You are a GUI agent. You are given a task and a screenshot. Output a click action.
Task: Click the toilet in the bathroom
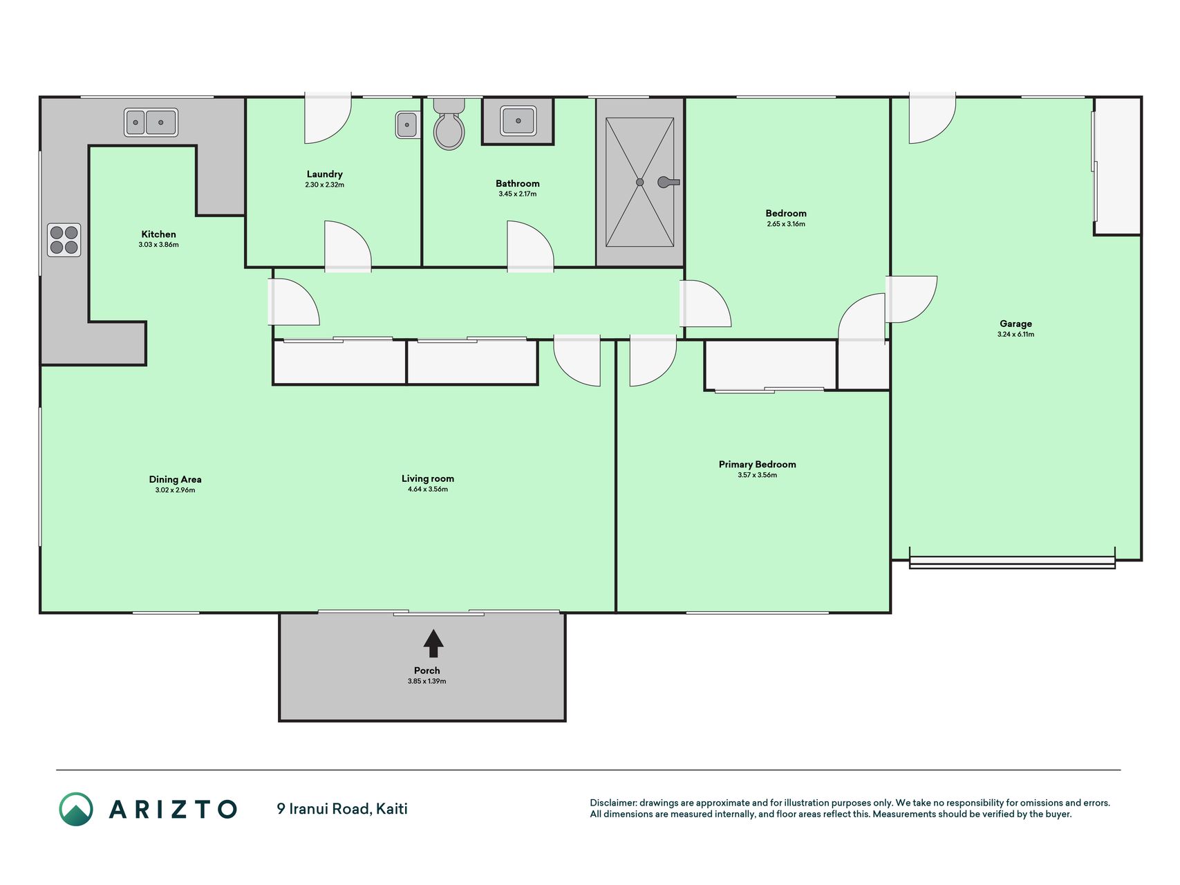(449, 124)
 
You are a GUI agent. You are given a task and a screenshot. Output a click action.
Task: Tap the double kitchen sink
(151, 122)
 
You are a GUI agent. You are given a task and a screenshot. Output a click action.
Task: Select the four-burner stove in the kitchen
(64, 240)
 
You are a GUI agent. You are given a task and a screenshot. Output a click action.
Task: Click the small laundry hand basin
(408, 125)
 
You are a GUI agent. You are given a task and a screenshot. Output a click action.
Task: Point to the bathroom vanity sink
(518, 121)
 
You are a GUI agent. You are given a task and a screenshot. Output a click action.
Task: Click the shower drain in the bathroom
(640, 183)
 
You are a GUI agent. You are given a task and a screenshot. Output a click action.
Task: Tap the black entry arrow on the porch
(433, 643)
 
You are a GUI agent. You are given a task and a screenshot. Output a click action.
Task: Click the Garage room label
(1015, 324)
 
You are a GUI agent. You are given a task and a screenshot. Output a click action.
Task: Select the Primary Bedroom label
(758, 464)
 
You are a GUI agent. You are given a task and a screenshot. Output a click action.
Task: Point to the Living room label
(428, 478)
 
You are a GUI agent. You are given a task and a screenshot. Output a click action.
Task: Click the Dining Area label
(176, 479)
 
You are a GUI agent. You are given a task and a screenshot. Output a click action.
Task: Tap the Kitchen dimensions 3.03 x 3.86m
(159, 245)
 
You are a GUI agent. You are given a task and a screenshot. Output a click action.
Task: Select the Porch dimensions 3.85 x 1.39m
(427, 681)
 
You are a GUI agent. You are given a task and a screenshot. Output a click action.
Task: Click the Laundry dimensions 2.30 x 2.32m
(325, 185)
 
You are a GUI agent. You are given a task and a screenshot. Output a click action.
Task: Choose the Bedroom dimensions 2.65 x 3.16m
(786, 224)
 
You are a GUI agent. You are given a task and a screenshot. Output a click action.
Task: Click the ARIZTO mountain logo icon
(76, 809)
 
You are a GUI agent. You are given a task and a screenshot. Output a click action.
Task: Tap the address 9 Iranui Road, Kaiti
(342, 808)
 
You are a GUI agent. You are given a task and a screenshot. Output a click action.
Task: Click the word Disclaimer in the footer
(613, 803)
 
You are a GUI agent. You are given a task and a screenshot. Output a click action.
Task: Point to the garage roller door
(1012, 561)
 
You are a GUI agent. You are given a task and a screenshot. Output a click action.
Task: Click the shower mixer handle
(668, 183)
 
